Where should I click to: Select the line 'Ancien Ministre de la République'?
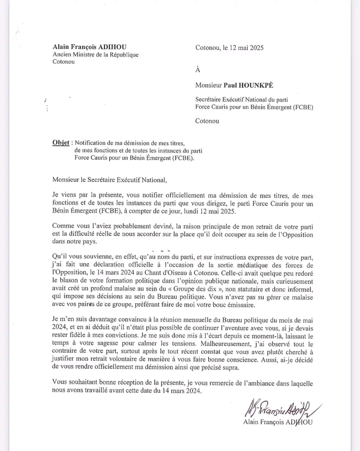click(96, 55)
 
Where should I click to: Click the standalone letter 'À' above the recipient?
click(198, 70)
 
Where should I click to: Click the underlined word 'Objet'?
click(61, 142)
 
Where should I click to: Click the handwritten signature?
click(280, 407)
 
